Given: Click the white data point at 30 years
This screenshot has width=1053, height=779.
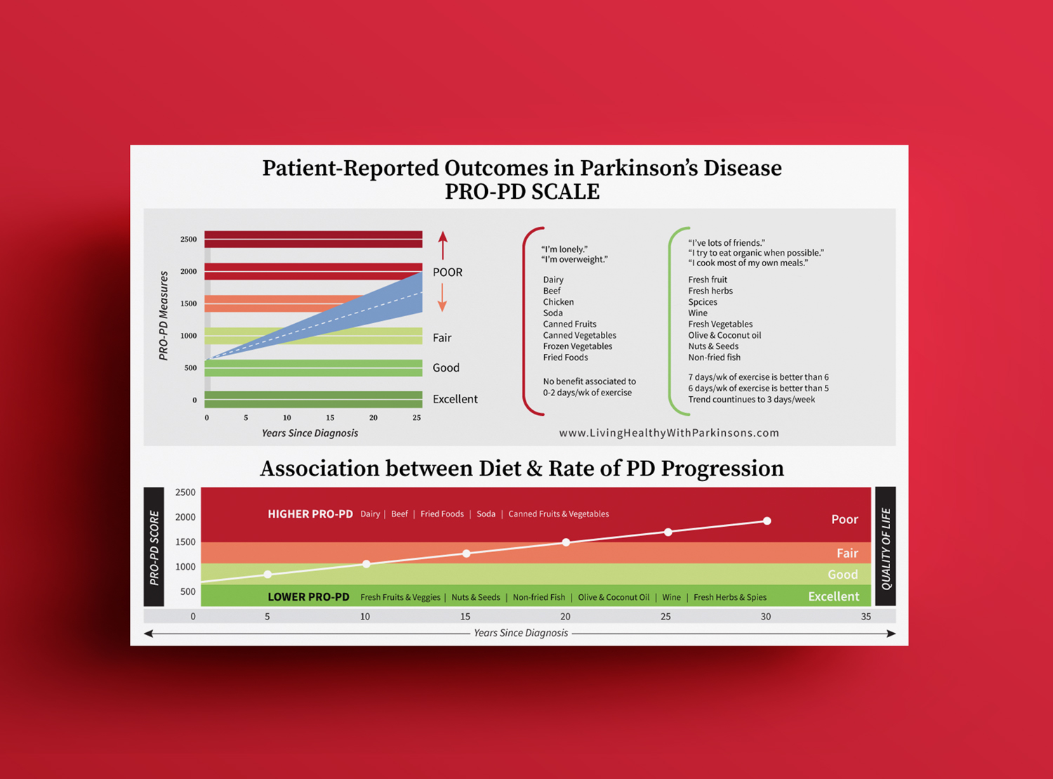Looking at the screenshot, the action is coord(767,521).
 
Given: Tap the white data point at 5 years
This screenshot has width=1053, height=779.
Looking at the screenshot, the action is coord(267,575).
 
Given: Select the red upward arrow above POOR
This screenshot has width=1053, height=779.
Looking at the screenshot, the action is coord(442,245).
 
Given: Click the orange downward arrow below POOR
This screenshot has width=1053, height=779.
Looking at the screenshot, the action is coord(442,298).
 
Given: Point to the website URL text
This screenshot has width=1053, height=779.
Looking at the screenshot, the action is coord(669,433).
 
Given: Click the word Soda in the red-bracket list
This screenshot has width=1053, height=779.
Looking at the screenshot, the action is coord(552,313).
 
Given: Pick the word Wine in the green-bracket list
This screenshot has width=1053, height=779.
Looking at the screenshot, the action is coord(697,313).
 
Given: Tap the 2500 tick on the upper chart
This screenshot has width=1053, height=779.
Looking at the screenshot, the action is coord(188,240).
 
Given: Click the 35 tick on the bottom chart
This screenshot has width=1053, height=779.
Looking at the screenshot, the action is coord(866,617).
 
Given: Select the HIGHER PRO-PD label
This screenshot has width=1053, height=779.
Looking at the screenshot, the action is coord(310,514).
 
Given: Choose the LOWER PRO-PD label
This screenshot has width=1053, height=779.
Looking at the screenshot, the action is coord(309,597).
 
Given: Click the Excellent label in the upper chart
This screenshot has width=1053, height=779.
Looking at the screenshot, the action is coord(455,399).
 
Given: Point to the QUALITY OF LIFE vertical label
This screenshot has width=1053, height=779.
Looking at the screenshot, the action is coord(885,549).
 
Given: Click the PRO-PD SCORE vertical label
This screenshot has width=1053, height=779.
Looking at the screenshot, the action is coord(154,548).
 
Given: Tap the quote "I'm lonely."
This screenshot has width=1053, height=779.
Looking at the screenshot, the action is coord(564,249).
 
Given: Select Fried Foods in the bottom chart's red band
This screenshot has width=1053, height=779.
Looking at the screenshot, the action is coord(442,514).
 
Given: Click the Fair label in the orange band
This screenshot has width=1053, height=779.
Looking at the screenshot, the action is coord(847,553).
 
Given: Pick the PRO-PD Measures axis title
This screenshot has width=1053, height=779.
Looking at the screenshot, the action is coord(164,316).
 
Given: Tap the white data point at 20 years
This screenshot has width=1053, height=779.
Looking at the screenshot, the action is coord(566,542).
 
